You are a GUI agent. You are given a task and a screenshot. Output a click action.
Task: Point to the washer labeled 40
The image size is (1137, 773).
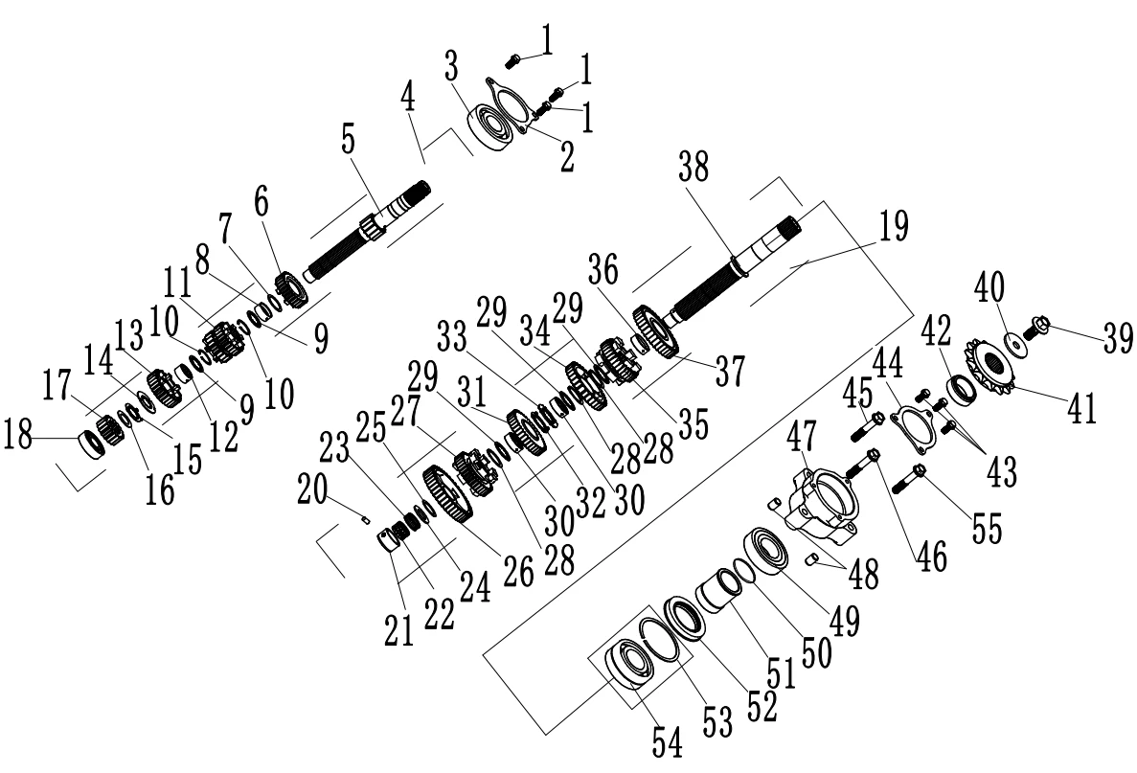(1013, 342)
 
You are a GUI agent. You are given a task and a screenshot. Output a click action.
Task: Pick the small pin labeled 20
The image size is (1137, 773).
(365, 520)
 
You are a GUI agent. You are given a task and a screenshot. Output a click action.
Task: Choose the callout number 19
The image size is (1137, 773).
(890, 229)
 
